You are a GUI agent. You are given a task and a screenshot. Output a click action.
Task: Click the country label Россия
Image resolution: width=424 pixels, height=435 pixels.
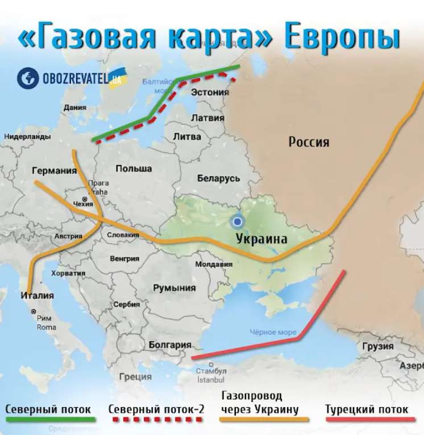click(309, 142)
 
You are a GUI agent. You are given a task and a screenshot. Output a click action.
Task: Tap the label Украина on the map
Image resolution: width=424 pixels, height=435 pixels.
click(261, 239)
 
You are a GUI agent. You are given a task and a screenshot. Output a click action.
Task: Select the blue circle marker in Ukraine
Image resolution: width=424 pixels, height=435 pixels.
click(238, 221)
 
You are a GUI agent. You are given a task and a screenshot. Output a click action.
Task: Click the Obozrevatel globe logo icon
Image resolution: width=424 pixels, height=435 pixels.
click(27, 79)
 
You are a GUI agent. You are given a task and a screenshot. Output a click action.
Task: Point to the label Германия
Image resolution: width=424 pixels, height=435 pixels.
click(55, 170)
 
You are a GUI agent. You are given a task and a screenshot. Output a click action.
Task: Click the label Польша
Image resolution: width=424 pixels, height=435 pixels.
click(134, 169)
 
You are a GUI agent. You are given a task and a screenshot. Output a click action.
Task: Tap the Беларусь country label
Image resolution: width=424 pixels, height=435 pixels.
click(219, 178)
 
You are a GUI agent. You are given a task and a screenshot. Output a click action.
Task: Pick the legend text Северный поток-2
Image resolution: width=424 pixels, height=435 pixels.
click(156, 409)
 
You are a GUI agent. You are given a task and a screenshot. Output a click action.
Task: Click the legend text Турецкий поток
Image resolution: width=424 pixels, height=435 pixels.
click(367, 409)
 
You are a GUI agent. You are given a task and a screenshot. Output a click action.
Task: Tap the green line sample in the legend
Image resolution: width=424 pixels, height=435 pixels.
click(50, 421)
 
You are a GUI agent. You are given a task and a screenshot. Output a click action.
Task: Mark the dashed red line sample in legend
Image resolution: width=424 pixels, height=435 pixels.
click(156, 421)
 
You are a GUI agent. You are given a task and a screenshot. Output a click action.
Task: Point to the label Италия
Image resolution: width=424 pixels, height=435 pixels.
click(37, 296)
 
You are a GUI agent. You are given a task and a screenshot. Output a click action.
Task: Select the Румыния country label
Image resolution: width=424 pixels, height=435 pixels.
click(174, 288)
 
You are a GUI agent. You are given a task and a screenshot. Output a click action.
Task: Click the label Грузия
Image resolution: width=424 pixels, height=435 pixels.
click(377, 346)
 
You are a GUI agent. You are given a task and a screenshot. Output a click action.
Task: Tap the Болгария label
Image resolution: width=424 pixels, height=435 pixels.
click(169, 344)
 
